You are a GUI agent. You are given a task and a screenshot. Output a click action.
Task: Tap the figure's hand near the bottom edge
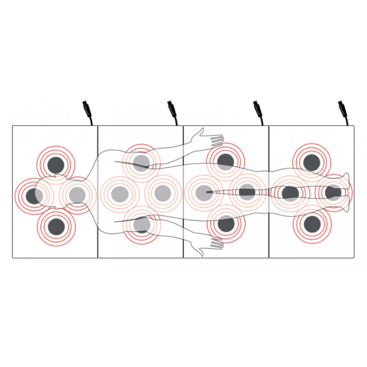[212, 244]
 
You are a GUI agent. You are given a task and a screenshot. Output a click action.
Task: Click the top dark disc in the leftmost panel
[56, 164]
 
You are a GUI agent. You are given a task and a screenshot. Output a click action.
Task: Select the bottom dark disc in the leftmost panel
[56, 226]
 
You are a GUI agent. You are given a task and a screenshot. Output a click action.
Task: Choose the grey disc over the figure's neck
[77, 195]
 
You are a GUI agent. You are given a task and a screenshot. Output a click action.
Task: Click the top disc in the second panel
[142, 161]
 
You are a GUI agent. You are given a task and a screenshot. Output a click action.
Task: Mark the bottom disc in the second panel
[142, 225]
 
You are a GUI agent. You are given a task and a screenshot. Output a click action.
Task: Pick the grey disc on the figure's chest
[120, 193]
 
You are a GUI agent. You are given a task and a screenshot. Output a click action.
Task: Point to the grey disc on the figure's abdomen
[162, 193]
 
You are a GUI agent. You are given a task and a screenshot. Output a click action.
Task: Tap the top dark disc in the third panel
[225, 161]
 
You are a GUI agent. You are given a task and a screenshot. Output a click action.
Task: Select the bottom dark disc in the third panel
[225, 224]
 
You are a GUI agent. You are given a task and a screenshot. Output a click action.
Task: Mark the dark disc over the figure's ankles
[334, 193]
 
